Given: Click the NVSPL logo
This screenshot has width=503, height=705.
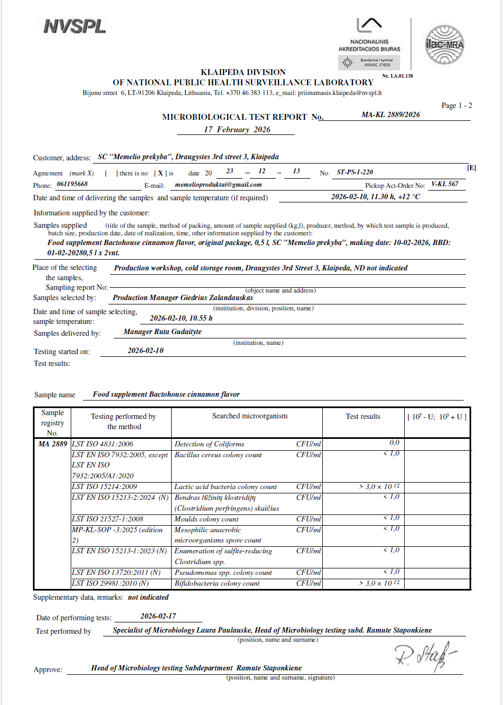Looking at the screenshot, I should (x=74, y=26).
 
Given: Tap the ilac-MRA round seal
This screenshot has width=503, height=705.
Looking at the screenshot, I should (x=444, y=44).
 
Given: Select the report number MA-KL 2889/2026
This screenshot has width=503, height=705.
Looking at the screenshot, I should (x=390, y=114).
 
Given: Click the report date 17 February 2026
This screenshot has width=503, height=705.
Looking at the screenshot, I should (x=237, y=130).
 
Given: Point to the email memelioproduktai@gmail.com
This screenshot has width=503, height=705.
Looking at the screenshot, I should (x=219, y=185).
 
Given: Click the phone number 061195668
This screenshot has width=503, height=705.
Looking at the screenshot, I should (x=72, y=184).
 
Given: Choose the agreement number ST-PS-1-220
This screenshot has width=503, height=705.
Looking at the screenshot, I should (x=355, y=172).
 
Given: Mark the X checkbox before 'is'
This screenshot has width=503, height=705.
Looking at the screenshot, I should (x=160, y=173).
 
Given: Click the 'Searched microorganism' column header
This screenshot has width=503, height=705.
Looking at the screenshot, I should (x=249, y=416).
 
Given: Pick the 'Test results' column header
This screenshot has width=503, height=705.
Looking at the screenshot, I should (x=363, y=416).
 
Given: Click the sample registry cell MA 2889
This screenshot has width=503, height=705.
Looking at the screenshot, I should (x=53, y=444).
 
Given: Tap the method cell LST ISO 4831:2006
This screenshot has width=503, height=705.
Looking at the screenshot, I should (x=103, y=444).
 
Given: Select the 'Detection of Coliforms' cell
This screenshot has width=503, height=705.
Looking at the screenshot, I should (x=209, y=444).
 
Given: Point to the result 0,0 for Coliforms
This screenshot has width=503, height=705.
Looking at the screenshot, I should (x=394, y=443).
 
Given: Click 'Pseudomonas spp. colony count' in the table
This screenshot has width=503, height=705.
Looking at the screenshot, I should (x=223, y=573).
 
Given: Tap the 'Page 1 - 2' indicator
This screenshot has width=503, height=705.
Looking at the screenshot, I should (x=457, y=106).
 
